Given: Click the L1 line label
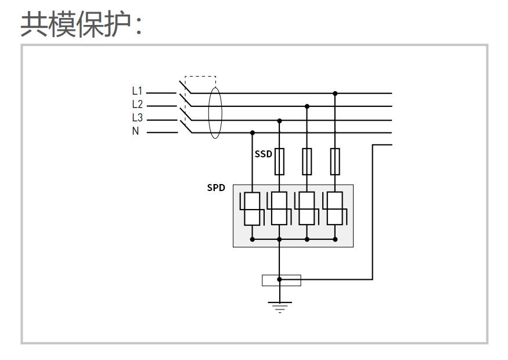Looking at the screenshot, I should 137,91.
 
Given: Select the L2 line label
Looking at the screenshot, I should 137,105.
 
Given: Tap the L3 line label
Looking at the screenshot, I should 137,118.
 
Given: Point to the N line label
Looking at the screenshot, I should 136,131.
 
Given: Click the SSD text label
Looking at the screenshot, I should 263,154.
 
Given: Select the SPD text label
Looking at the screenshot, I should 216,188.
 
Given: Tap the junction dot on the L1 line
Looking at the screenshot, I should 335,93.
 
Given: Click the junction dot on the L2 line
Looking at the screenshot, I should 307,106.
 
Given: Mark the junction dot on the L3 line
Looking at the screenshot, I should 280,120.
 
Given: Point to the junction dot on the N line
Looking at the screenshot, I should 252,133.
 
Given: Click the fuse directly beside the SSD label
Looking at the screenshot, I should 280,161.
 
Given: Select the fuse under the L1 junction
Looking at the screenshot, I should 335,161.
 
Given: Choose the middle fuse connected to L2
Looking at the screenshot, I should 307,161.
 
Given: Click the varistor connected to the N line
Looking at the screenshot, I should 252,208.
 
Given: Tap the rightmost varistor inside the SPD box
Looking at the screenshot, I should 335,208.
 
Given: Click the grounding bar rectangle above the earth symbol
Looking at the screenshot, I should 282,280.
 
